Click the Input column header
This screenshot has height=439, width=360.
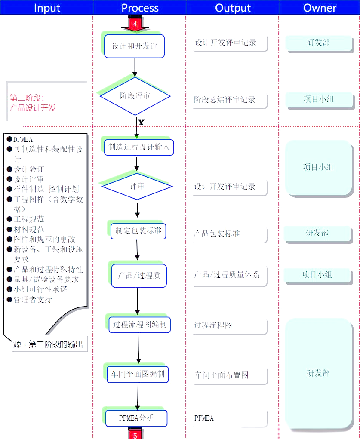pos(47,8)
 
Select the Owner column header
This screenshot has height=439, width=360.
pos(320,8)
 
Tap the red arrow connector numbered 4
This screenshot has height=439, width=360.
pos(135,24)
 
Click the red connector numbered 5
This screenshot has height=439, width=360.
pos(135,435)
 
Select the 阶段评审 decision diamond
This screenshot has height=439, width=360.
pos(135,96)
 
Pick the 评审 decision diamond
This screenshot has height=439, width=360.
pos(137,186)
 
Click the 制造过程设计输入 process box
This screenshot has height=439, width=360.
pos(138,147)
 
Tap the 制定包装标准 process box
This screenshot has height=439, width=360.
pos(138,231)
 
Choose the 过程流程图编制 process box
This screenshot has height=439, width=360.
pos(139,325)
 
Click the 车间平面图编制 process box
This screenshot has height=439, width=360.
pos(138,374)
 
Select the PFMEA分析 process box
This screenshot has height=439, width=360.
pos(136,418)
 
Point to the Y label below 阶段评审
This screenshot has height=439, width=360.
pos(141,122)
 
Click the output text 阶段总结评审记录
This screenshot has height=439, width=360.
pos(225,100)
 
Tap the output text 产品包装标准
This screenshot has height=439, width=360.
pos(217,234)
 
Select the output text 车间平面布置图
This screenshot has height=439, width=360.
pos(222,375)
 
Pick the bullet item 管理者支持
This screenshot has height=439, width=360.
pos(33,299)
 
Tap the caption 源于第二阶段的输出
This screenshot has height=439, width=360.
pos(48,344)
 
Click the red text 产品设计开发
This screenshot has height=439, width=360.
pos(33,108)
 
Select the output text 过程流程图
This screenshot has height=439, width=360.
pos(213,325)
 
